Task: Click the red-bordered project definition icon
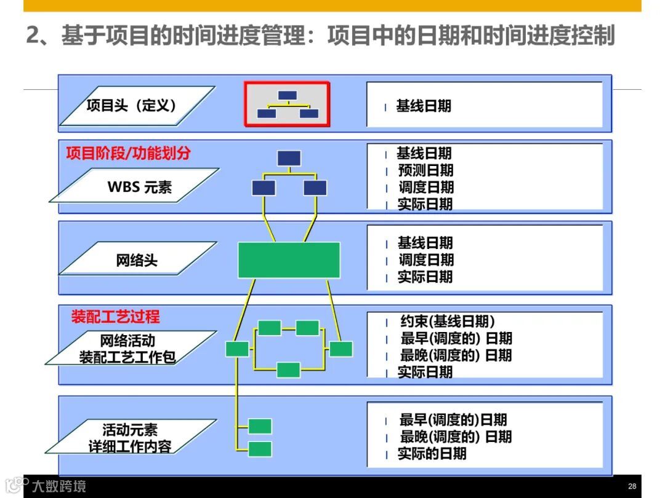[288, 105]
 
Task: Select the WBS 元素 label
[140, 187]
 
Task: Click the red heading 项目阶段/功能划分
[128, 153]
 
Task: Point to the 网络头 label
[137, 260]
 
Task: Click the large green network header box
[289, 259]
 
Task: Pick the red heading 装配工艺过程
[115, 317]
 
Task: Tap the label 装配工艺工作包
[127, 357]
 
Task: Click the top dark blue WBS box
[289, 158]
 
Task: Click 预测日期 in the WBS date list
[425, 170]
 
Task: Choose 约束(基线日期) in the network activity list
[448, 322]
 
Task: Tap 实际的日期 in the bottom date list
[432, 454]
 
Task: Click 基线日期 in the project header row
[424, 106]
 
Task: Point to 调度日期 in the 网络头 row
[425, 260]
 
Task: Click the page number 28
[632, 486]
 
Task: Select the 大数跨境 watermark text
[59, 486]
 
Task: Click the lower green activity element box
[260, 449]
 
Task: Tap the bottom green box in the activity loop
[288, 370]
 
